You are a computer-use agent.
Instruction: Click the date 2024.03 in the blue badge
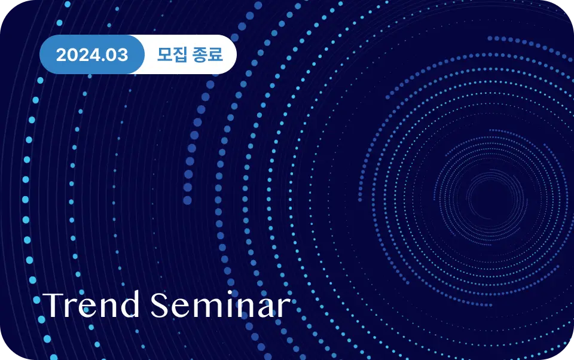coord(92,55)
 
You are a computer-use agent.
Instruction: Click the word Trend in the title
coord(91,304)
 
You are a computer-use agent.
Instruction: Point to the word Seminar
coord(221,304)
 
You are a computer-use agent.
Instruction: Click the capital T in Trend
coord(54,305)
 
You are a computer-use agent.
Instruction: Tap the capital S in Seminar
coord(160,305)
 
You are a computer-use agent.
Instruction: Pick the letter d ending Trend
coord(130,304)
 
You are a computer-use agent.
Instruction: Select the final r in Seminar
coord(285,309)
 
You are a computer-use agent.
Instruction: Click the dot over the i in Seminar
coord(233,294)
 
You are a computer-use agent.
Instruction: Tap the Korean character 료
coord(216,54)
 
